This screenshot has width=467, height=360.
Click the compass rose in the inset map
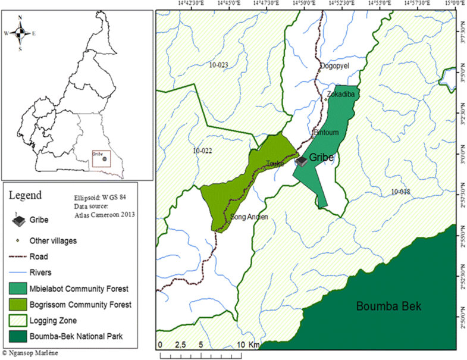20,33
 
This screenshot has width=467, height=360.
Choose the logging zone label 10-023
218,64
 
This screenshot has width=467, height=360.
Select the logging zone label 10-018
402,191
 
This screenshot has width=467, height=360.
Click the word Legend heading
24,195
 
